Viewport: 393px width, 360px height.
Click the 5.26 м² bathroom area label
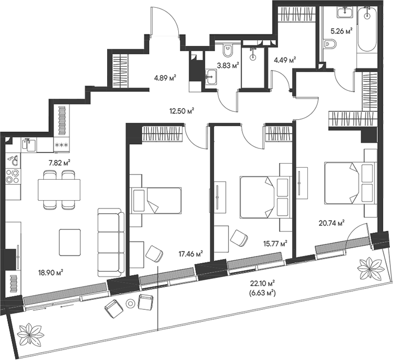(x=341, y=30)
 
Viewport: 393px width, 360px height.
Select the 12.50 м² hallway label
(x=181, y=110)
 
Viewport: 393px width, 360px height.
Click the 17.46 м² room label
(x=191, y=253)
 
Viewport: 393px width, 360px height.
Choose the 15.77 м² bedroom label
(x=274, y=243)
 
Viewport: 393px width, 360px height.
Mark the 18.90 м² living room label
(x=51, y=272)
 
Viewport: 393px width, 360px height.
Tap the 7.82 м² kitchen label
(x=59, y=162)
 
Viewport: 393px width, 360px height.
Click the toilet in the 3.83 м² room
(x=228, y=50)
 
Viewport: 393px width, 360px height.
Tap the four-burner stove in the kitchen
(x=11, y=179)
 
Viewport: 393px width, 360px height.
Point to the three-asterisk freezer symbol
(x=62, y=145)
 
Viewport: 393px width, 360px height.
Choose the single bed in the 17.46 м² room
(x=157, y=200)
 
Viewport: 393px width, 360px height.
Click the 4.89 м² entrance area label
(x=164, y=79)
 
